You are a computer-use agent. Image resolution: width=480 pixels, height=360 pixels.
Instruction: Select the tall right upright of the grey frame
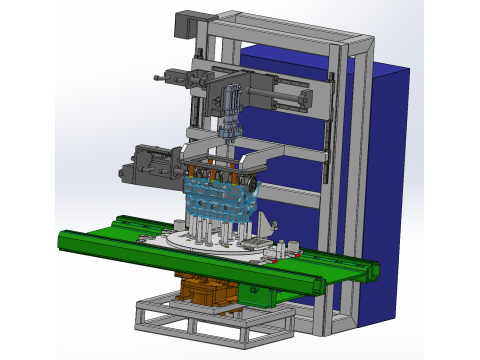point(345,180)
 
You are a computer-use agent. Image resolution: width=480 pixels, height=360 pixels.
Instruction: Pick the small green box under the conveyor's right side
point(262,293)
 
